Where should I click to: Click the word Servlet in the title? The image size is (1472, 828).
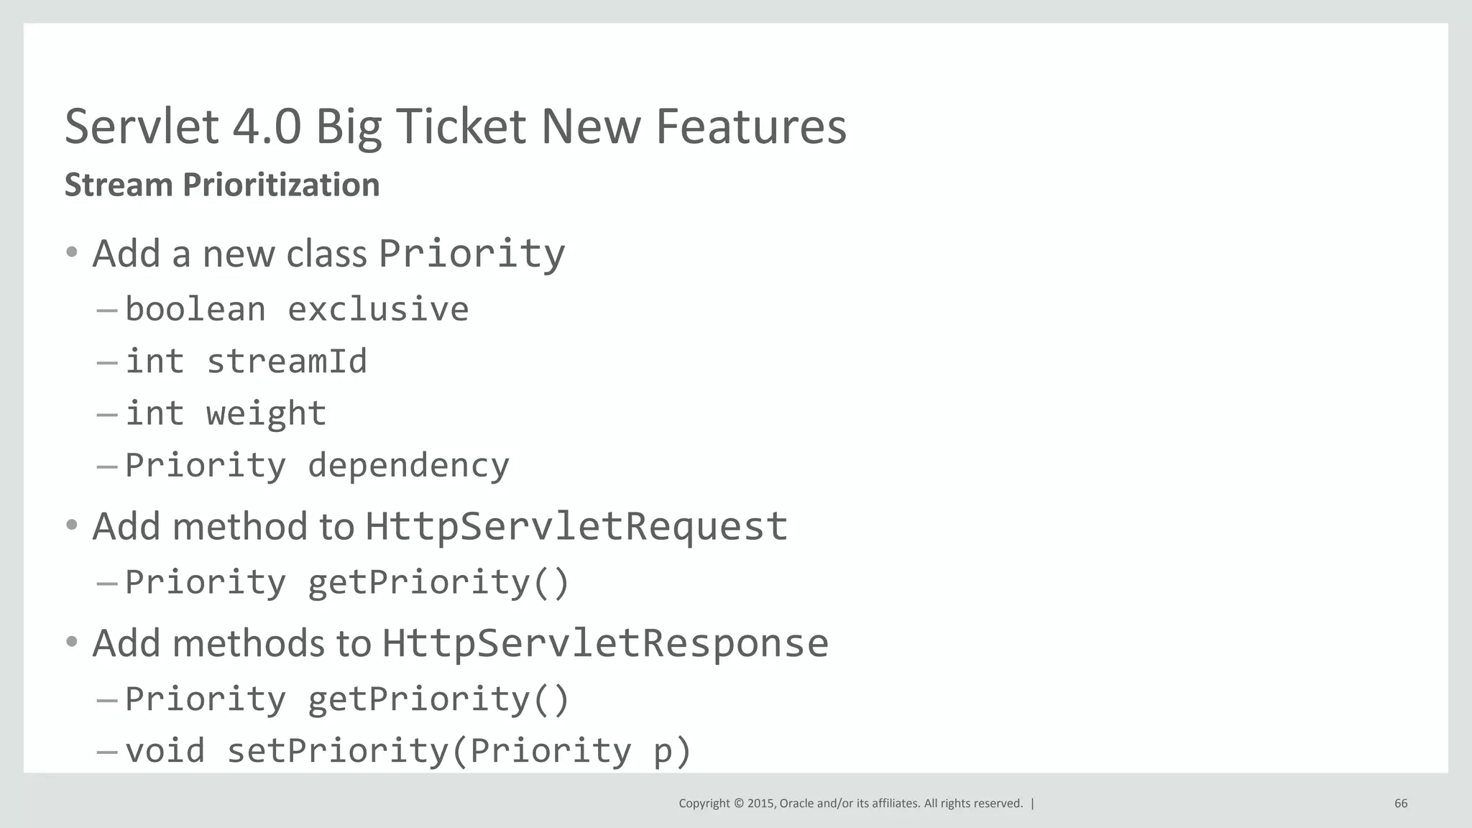[142, 126]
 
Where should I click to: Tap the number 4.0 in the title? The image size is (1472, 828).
[267, 126]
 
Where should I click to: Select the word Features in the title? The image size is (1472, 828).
[751, 126]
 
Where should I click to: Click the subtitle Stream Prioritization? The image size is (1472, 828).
[222, 185]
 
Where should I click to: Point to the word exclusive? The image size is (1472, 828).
[378, 309]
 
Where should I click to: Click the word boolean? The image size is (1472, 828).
[195, 309]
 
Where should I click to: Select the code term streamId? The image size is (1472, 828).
[287, 361]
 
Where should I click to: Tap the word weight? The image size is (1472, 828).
[266, 413]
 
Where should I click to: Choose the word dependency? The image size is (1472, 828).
[408, 466]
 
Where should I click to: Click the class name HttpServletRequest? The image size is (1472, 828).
[576, 526]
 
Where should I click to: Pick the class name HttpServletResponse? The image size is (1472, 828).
[604, 643]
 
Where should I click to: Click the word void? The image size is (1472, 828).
[165, 750]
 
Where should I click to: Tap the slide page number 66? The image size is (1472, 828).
[1401, 804]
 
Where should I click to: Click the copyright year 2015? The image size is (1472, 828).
[760, 804]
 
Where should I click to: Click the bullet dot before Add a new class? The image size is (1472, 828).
[71, 252]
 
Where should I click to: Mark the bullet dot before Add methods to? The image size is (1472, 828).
[71, 642]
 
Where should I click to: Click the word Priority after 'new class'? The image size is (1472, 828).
[471, 254]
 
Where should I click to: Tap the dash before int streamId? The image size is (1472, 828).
[106, 362]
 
